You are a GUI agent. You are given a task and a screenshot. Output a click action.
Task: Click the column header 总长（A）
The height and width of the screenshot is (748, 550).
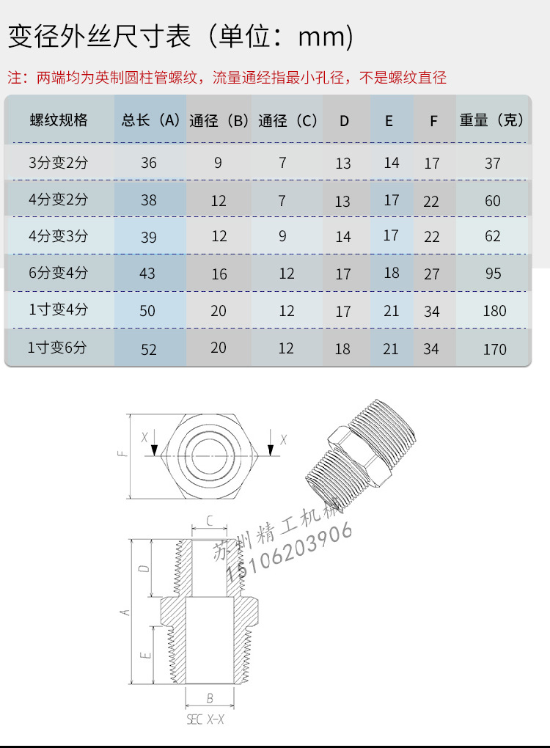pyautogui.click(x=150, y=120)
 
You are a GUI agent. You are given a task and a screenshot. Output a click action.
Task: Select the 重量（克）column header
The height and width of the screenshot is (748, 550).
pyautogui.click(x=492, y=120)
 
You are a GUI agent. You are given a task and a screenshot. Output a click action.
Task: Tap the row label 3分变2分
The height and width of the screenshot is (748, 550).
pyautogui.click(x=58, y=163)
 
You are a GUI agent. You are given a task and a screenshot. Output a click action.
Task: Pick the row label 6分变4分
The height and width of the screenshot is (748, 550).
pyautogui.click(x=58, y=273)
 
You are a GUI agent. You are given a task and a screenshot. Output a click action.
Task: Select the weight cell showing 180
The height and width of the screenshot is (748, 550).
pyautogui.click(x=494, y=311)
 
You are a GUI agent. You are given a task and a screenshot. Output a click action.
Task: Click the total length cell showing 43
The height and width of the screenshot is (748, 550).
pyautogui.click(x=147, y=273)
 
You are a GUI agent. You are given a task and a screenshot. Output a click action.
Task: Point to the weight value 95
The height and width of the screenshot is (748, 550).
pyautogui.click(x=494, y=274)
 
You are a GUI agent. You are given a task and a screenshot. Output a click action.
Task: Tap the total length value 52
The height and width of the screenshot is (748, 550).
pyautogui.click(x=149, y=350)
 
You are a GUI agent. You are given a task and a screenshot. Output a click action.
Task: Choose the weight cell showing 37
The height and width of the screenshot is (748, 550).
pyautogui.click(x=493, y=163)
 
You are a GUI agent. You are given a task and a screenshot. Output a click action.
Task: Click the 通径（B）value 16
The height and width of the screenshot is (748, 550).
pyautogui.click(x=219, y=274)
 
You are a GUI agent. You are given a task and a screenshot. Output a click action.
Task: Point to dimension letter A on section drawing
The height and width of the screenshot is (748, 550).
pyautogui.click(x=125, y=611)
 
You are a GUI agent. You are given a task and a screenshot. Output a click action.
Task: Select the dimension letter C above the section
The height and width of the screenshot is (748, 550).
pyautogui.click(x=209, y=521)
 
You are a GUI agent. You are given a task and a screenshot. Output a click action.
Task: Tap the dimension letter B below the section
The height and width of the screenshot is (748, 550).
pyautogui.click(x=210, y=698)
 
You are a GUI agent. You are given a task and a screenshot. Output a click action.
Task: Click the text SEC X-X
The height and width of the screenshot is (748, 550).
pyautogui.click(x=205, y=720)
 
